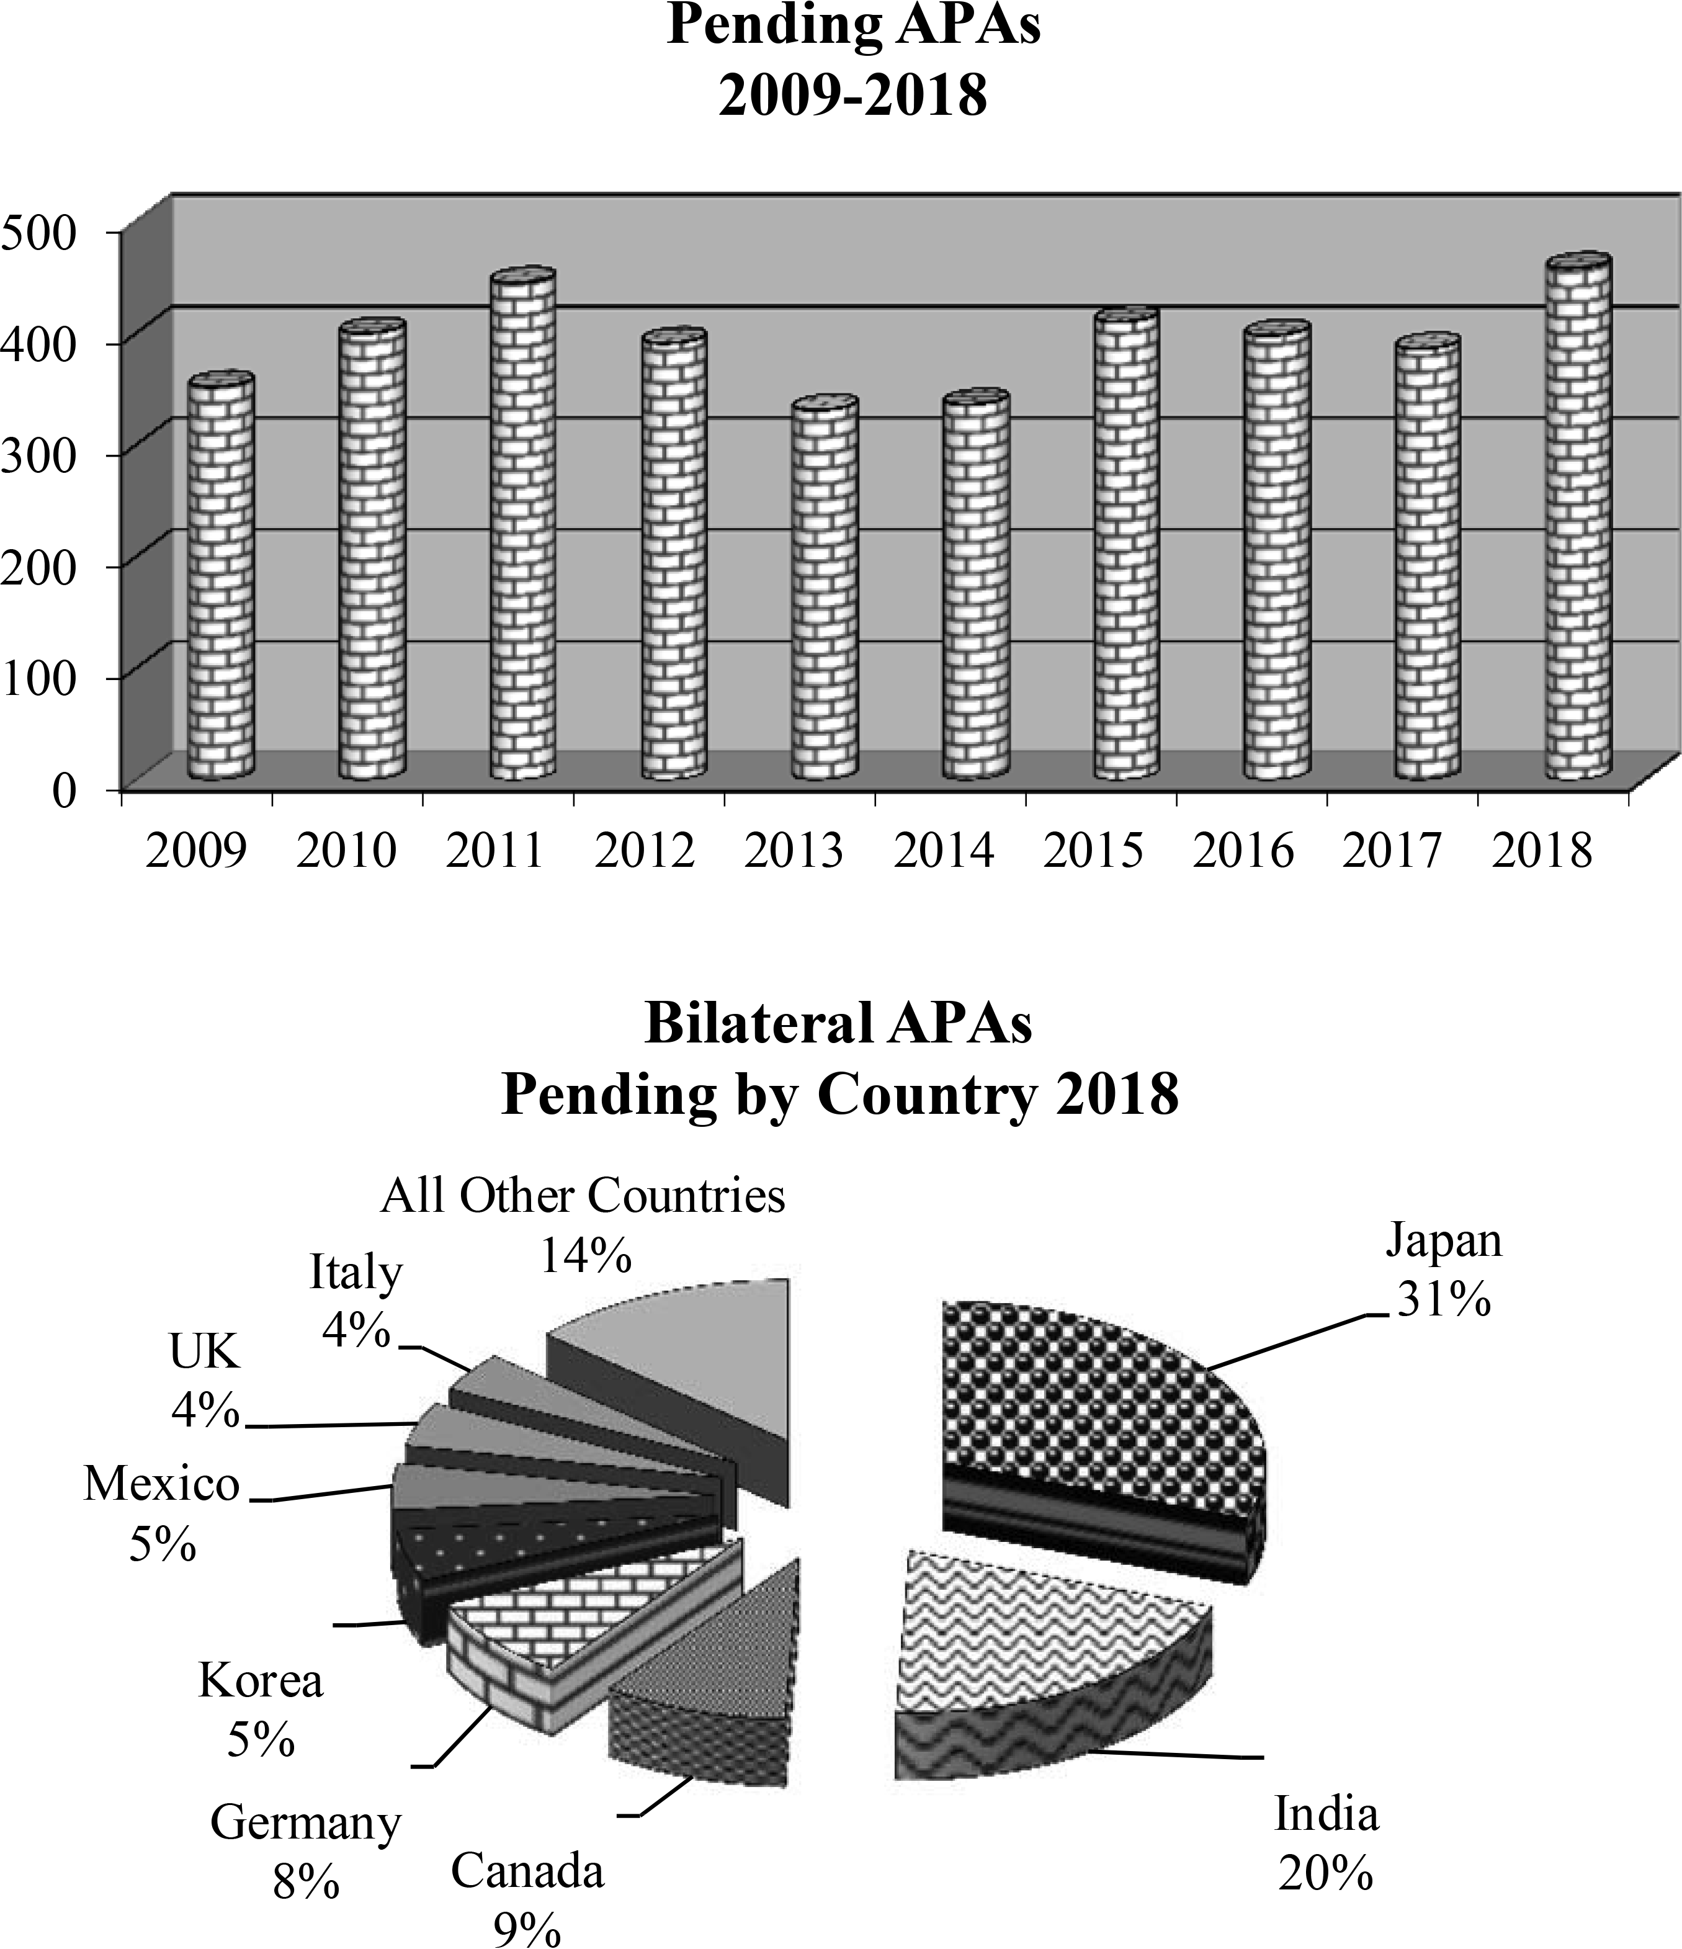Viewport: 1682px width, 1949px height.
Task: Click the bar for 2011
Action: click(x=522, y=527)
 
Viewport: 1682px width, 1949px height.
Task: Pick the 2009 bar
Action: click(x=220, y=578)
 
